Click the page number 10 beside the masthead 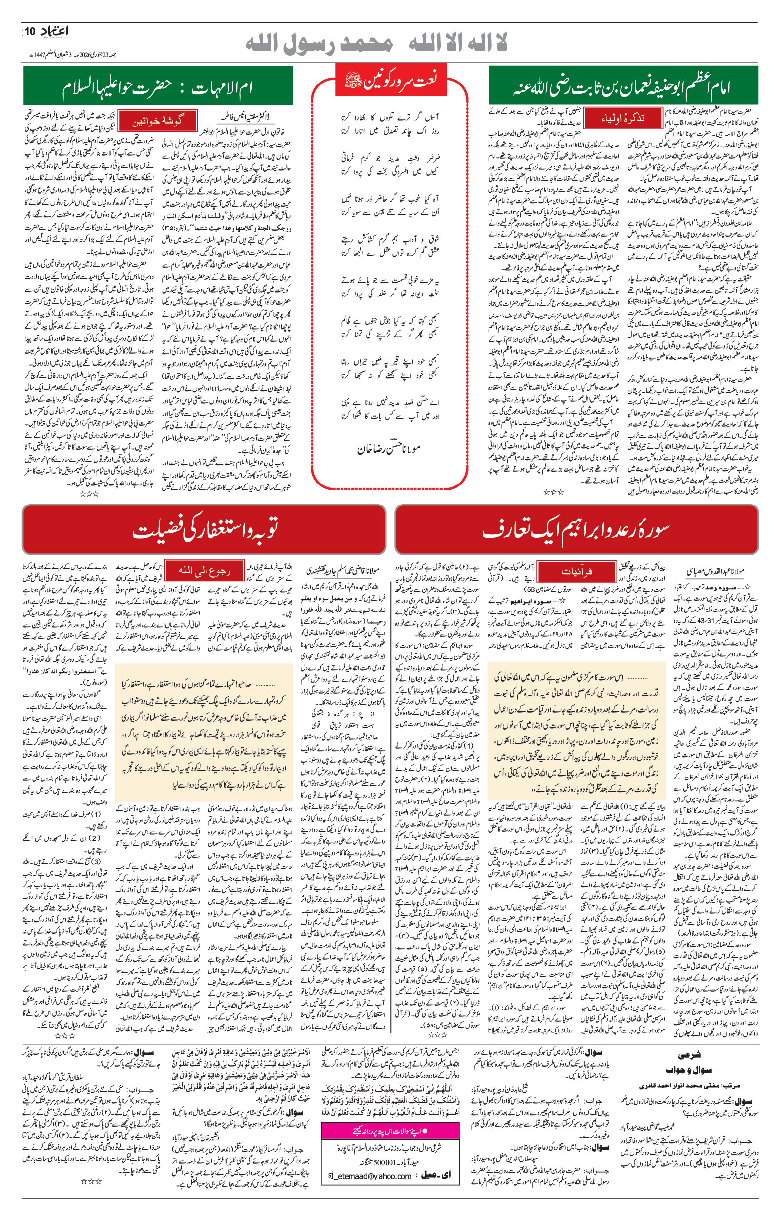point(30,31)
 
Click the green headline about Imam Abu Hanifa point(623,87)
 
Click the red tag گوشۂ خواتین point(157,121)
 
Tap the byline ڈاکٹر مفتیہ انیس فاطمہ point(248,116)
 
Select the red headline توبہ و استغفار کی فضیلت point(205,529)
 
